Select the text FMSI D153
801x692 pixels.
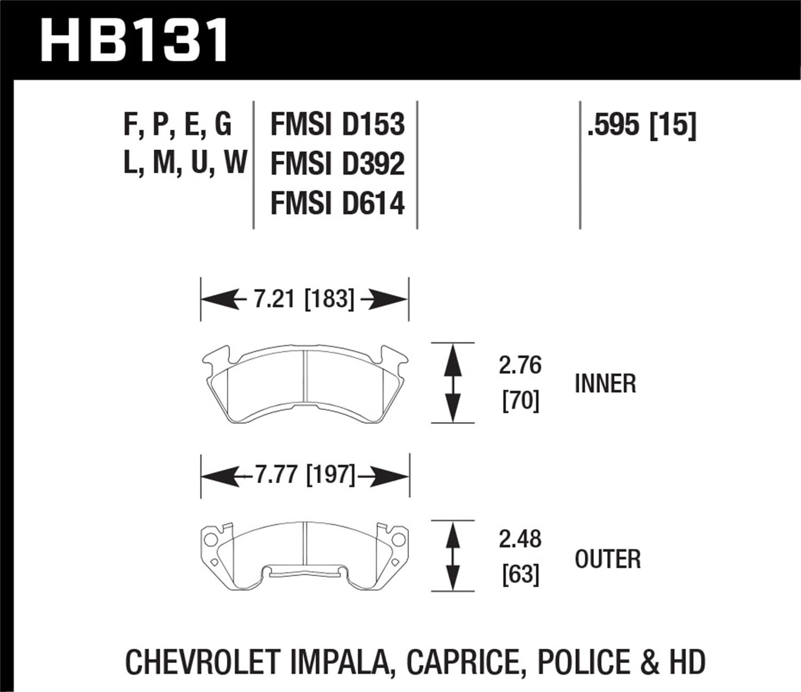337,124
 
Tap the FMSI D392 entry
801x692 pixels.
337,164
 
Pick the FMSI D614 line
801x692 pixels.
337,203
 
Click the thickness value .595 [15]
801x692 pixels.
641,125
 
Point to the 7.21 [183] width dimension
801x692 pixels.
303,299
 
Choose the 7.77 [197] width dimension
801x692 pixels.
304,474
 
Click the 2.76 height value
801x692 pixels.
520,366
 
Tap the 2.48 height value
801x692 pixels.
520,539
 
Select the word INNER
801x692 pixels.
605,384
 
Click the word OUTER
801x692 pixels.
607,559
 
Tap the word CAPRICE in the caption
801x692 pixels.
463,662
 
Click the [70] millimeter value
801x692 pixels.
520,400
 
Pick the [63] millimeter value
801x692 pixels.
520,575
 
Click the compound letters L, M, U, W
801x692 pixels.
185,162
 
